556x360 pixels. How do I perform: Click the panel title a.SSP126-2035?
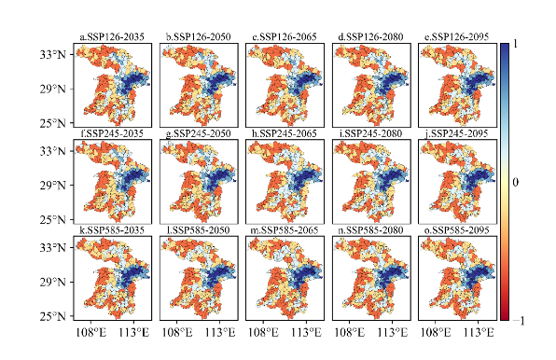(112, 37)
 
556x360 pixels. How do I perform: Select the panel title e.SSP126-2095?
(457, 37)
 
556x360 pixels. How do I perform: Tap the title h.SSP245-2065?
(285, 133)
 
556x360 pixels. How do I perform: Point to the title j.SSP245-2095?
(457, 133)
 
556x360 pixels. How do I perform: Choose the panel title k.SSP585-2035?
(112, 230)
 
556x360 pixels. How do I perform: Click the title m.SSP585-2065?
(285, 230)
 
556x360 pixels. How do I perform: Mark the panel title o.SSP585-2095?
(457, 230)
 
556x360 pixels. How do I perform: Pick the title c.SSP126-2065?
(285, 37)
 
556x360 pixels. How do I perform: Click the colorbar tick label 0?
(516, 182)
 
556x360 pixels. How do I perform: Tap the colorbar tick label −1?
(519, 321)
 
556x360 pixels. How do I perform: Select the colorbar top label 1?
(515, 44)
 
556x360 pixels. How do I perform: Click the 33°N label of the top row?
(53, 55)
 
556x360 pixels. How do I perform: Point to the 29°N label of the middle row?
(53, 185)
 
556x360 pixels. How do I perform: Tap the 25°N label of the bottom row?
(53, 316)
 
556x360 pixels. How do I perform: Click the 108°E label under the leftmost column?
(91, 332)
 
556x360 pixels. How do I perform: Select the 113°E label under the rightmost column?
(479, 332)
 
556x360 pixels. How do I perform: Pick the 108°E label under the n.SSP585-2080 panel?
(350, 332)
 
